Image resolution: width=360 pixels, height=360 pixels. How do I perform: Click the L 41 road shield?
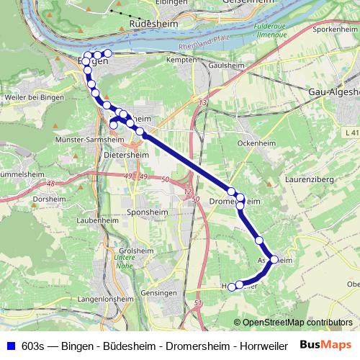351,133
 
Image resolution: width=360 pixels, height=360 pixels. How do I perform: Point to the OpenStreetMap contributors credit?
297,323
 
